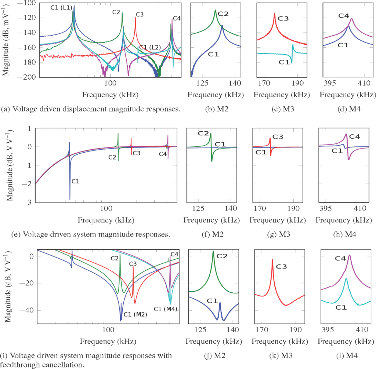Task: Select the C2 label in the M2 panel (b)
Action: (x=223, y=14)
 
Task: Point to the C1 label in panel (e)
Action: (x=76, y=181)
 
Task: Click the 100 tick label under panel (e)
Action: (x=106, y=209)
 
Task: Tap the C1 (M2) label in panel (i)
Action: (x=135, y=314)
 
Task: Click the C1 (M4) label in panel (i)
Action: (x=166, y=309)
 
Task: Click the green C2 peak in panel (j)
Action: (x=213, y=251)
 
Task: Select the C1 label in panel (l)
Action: (x=341, y=307)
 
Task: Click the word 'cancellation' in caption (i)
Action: (x=39, y=365)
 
